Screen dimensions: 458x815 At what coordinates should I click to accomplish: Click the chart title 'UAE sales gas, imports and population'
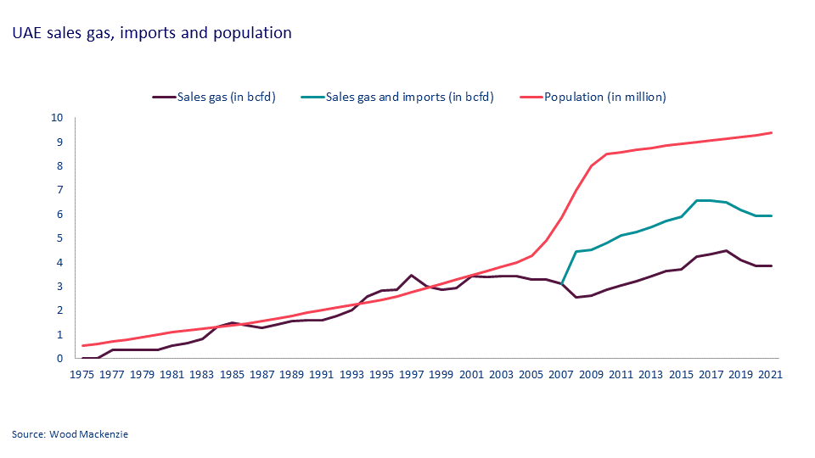click(x=152, y=33)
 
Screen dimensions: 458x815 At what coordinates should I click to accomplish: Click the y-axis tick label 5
click(x=59, y=238)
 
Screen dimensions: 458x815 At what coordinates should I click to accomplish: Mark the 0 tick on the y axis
click(x=59, y=359)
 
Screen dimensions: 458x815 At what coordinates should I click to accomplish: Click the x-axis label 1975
click(x=82, y=374)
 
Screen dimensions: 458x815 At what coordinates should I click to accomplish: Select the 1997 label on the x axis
click(x=412, y=374)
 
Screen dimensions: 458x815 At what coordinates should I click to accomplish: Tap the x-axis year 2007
click(x=561, y=374)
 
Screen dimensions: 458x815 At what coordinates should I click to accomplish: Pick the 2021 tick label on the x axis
click(x=770, y=374)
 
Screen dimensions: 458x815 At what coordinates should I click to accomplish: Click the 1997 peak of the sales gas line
click(x=412, y=275)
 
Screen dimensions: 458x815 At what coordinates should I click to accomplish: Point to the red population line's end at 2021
click(x=771, y=132)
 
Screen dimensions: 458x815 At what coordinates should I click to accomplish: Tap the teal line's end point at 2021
click(x=771, y=215)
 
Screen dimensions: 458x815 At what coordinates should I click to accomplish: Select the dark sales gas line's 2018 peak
click(x=726, y=250)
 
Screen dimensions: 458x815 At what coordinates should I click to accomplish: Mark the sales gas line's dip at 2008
click(x=576, y=297)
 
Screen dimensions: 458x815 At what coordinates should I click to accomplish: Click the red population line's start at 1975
click(x=82, y=345)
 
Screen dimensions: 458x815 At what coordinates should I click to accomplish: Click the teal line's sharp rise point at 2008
click(x=576, y=251)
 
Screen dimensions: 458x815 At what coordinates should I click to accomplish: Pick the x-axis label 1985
click(x=232, y=374)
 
